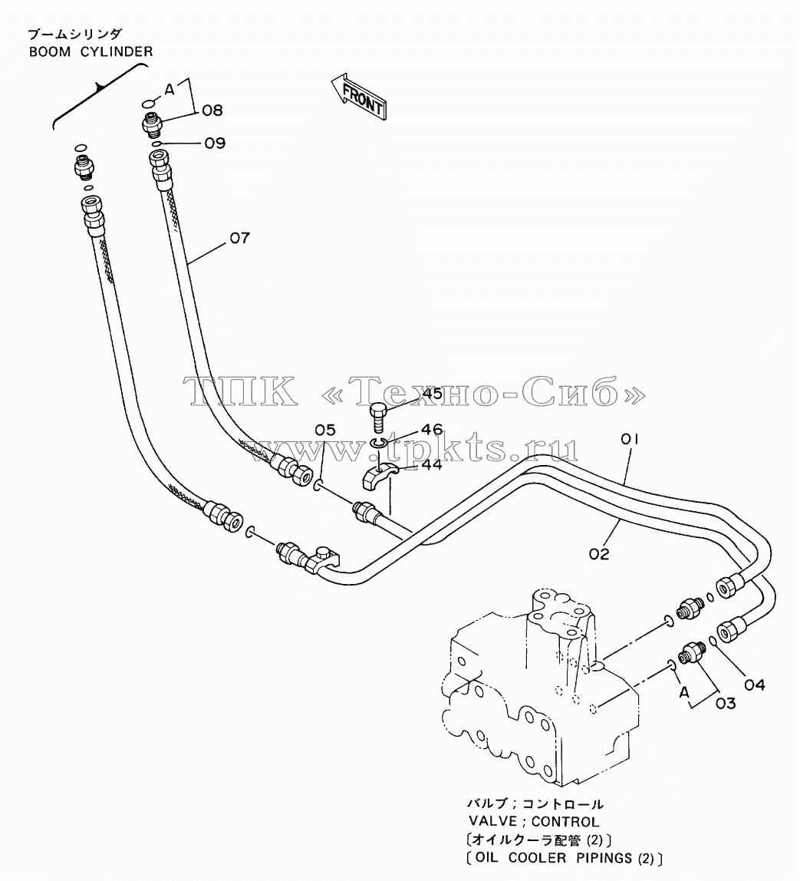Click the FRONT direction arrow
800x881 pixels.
(x=358, y=96)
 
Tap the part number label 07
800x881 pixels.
(x=240, y=238)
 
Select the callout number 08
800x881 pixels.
(x=212, y=111)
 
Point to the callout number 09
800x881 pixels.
(x=215, y=144)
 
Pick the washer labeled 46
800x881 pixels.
(x=377, y=444)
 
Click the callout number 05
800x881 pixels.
(x=325, y=431)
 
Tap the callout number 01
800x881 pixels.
(x=629, y=440)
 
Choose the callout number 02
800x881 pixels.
(x=599, y=554)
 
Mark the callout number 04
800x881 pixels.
(x=755, y=685)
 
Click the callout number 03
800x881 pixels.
(x=726, y=704)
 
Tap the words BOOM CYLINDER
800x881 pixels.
(x=91, y=51)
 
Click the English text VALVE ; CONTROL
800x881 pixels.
(x=534, y=821)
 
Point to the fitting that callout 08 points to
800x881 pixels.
(x=152, y=124)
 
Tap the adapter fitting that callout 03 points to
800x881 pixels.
(x=692, y=652)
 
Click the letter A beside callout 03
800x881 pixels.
(x=683, y=692)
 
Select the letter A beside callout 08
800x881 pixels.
(x=170, y=89)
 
